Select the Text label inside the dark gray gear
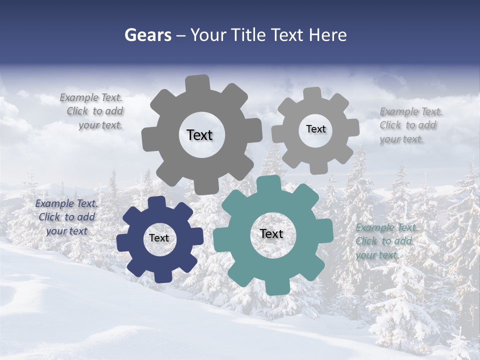point(199,135)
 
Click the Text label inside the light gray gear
point(315,129)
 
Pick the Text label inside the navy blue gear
point(159,238)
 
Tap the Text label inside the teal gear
point(271,233)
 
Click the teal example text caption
point(384,241)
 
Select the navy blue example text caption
point(66,217)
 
